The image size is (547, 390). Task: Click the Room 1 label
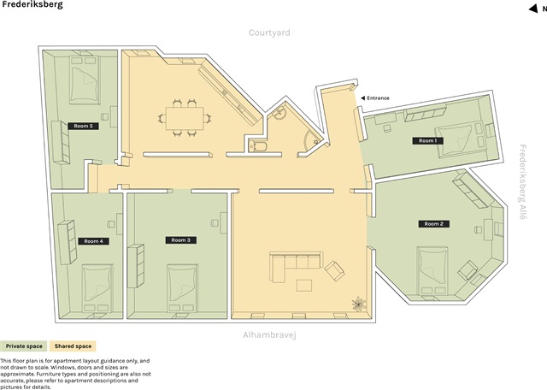tap(426, 140)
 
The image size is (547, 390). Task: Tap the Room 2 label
tap(432, 224)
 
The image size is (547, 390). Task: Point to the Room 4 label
tap(93, 241)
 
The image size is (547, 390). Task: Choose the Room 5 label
tap(83, 126)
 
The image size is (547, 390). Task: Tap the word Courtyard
tap(270, 32)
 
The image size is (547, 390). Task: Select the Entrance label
tap(379, 98)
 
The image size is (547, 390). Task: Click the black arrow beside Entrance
tap(362, 98)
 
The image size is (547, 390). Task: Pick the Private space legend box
tap(23, 346)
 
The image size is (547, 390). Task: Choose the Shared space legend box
tap(73, 346)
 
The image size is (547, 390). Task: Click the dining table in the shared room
tap(184, 117)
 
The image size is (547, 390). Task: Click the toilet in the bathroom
tap(256, 147)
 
